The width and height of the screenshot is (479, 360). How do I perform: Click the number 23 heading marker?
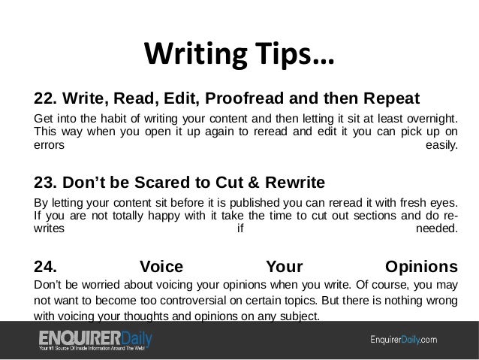(44, 182)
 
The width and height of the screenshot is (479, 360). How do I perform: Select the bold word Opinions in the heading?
(420, 266)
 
